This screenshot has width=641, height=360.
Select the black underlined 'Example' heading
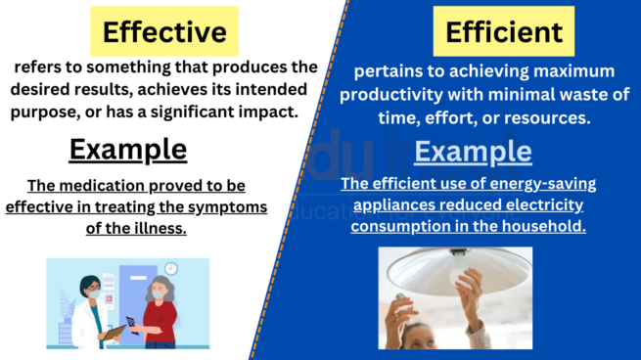127,150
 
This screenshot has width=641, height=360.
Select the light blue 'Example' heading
474,153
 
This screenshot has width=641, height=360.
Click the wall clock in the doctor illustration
170,268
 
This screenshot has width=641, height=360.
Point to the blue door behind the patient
137,293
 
